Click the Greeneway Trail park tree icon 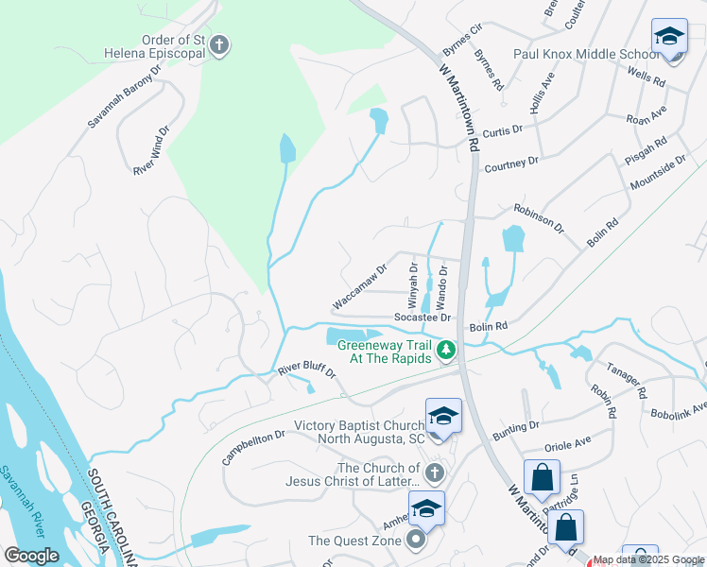click(x=447, y=351)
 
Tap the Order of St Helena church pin click(x=219, y=44)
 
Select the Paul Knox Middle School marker click(x=669, y=39)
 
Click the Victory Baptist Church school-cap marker click(x=442, y=417)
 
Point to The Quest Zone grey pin click(x=416, y=541)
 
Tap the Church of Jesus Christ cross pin click(x=434, y=472)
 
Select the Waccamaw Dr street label click(x=360, y=287)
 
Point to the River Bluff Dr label click(x=306, y=369)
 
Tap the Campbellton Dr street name click(x=253, y=448)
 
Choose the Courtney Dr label click(x=510, y=163)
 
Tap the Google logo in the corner click(x=32, y=556)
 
